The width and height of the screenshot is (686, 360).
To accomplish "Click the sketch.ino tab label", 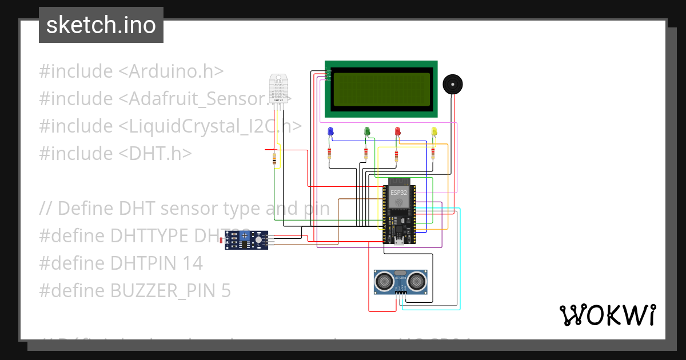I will pos(101,25).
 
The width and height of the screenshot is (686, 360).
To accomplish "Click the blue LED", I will pos(330,132).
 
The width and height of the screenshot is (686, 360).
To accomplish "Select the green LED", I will pos(367,132).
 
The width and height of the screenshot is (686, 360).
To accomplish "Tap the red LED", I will pos(398,132).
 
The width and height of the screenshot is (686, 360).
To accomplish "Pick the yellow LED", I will pos(434,132).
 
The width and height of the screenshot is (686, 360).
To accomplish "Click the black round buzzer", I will pos(453,85).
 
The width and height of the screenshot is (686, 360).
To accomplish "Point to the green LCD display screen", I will pos(381,89).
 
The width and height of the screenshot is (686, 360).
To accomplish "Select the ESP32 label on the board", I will pos(399,193).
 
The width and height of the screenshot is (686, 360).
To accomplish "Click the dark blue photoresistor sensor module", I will pos(247,241).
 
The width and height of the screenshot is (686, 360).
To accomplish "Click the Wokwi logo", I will pos(607,315).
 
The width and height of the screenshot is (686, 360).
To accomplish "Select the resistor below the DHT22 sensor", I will pos(276,159).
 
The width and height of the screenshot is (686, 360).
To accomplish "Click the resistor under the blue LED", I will pos(329,153).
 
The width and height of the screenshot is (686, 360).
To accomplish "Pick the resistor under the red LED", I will pos(397,153).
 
